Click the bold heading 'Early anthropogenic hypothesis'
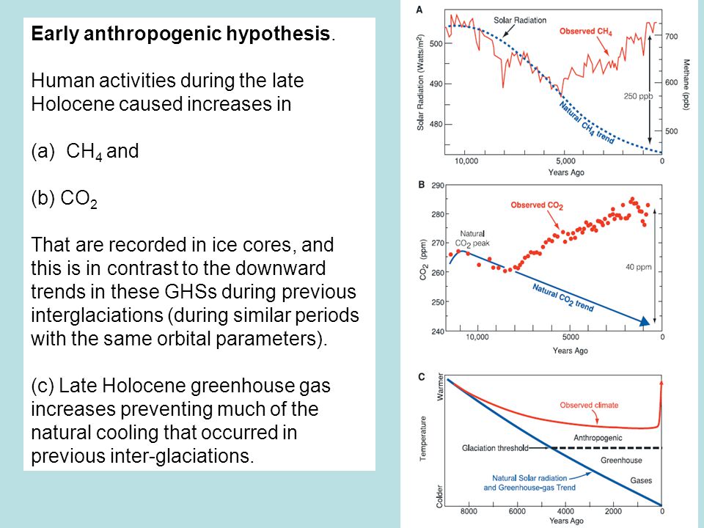[180, 34]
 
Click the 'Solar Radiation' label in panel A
[520, 21]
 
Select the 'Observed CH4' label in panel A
[585, 32]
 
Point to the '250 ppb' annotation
[638, 96]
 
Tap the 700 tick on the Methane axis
[671, 37]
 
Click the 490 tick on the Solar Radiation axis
[436, 84]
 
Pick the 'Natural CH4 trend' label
[587, 122]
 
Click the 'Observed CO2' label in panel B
[537, 205]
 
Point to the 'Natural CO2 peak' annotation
[474, 238]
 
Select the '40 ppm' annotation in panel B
[639, 267]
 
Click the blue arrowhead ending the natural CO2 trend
[645, 320]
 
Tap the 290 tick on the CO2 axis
[438, 186]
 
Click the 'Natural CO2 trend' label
[563, 297]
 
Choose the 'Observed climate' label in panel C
[589, 405]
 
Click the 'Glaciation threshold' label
[495, 448]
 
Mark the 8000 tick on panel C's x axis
[469, 511]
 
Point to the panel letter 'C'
[421, 377]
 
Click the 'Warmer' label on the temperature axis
[440, 386]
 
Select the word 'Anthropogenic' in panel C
[598, 438]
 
